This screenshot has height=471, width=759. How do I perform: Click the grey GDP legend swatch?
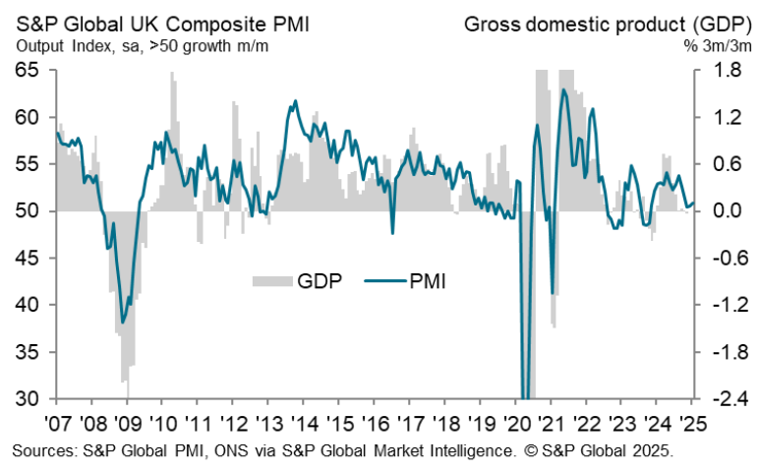point(271,282)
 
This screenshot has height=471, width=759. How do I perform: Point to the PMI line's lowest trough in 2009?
point(123,323)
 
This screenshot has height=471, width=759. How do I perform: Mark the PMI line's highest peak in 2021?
point(563,89)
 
